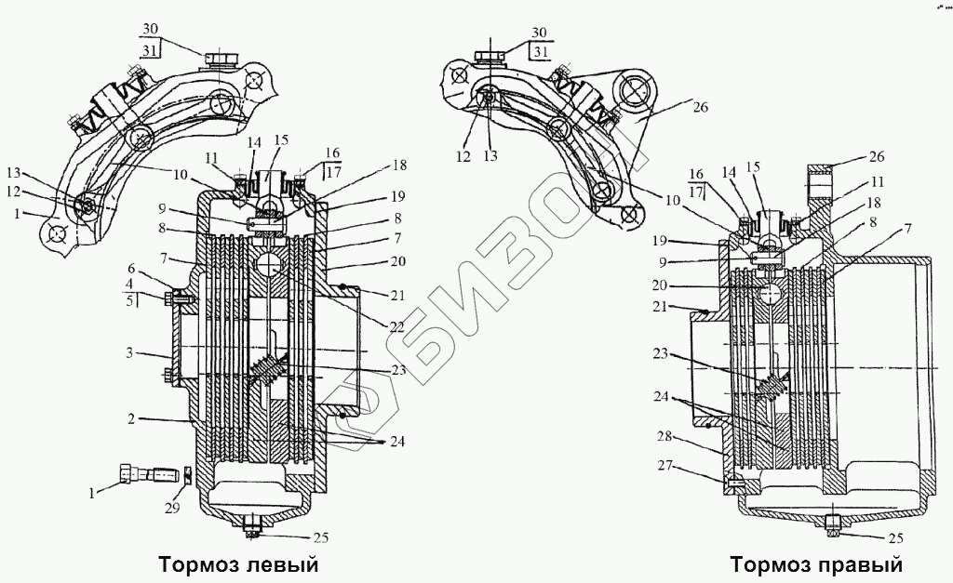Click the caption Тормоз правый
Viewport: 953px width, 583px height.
coord(816,564)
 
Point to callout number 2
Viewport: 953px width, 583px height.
coord(134,419)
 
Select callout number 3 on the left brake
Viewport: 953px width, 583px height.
coord(132,354)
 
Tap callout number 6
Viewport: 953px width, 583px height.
coord(132,267)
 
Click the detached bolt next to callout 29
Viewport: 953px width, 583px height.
coord(148,474)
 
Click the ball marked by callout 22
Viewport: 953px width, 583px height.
coord(270,264)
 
